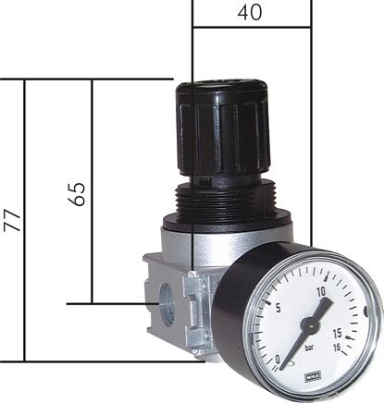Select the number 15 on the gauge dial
[x=340, y=334]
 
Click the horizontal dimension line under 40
[x=251, y=28]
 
